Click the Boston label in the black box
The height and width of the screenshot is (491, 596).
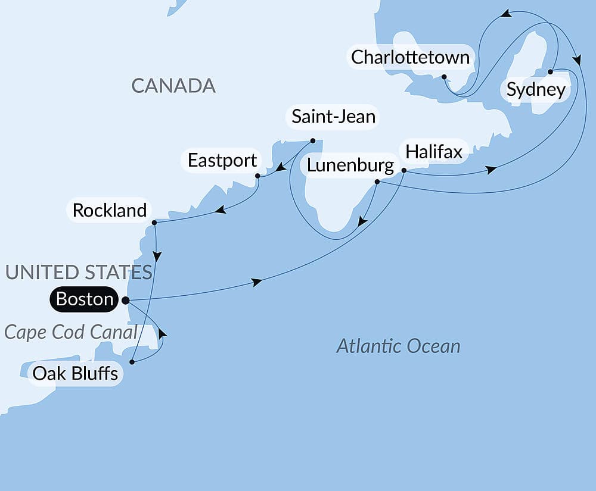[85, 299]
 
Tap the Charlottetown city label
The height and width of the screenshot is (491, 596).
[411, 58]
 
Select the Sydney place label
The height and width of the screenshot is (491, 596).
[535, 90]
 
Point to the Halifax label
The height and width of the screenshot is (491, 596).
[434, 152]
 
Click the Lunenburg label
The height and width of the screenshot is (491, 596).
[350, 165]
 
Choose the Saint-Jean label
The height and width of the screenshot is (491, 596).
[334, 117]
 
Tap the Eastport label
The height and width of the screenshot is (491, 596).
[222, 160]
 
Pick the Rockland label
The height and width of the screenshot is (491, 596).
[110, 210]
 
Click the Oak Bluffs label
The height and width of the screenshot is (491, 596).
[75, 374]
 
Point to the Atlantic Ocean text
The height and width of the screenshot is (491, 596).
[398, 346]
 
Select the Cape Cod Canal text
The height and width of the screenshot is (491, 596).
[71, 331]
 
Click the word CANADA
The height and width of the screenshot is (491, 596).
[173, 86]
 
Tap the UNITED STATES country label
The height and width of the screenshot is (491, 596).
[78, 272]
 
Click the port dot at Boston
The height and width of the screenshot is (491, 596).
[126, 301]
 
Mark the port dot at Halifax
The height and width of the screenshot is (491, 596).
[403, 171]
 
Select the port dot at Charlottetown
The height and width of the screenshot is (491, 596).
[444, 77]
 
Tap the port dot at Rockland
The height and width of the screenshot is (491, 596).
[154, 223]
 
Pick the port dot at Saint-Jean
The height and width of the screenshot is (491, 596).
[313, 141]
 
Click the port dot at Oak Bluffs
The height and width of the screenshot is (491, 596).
[132, 361]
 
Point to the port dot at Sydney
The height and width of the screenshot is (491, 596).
[550, 71]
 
